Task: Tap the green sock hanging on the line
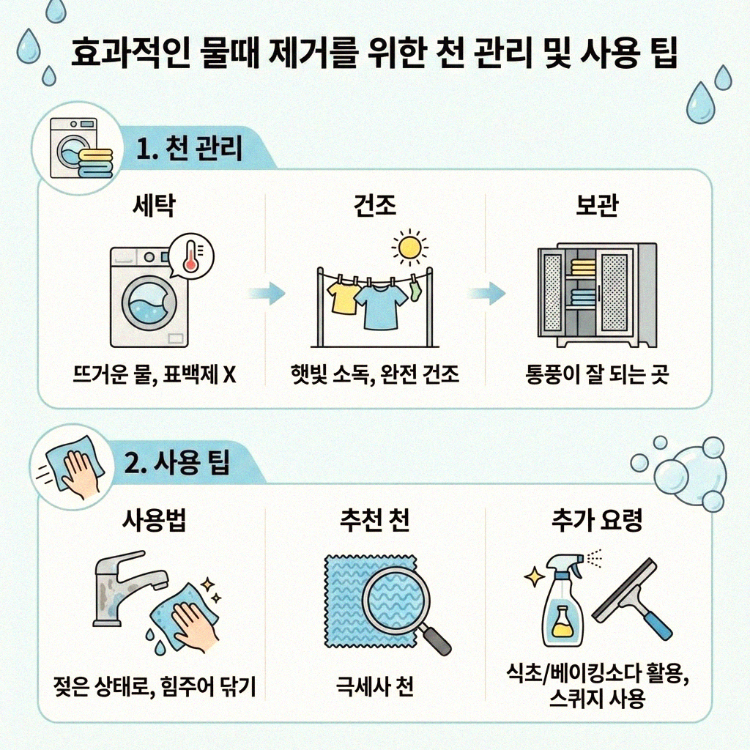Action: coord(415,290)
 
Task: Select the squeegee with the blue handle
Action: coord(636,599)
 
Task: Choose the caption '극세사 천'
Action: coord(375,688)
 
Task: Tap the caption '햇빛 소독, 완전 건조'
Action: coord(375,375)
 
